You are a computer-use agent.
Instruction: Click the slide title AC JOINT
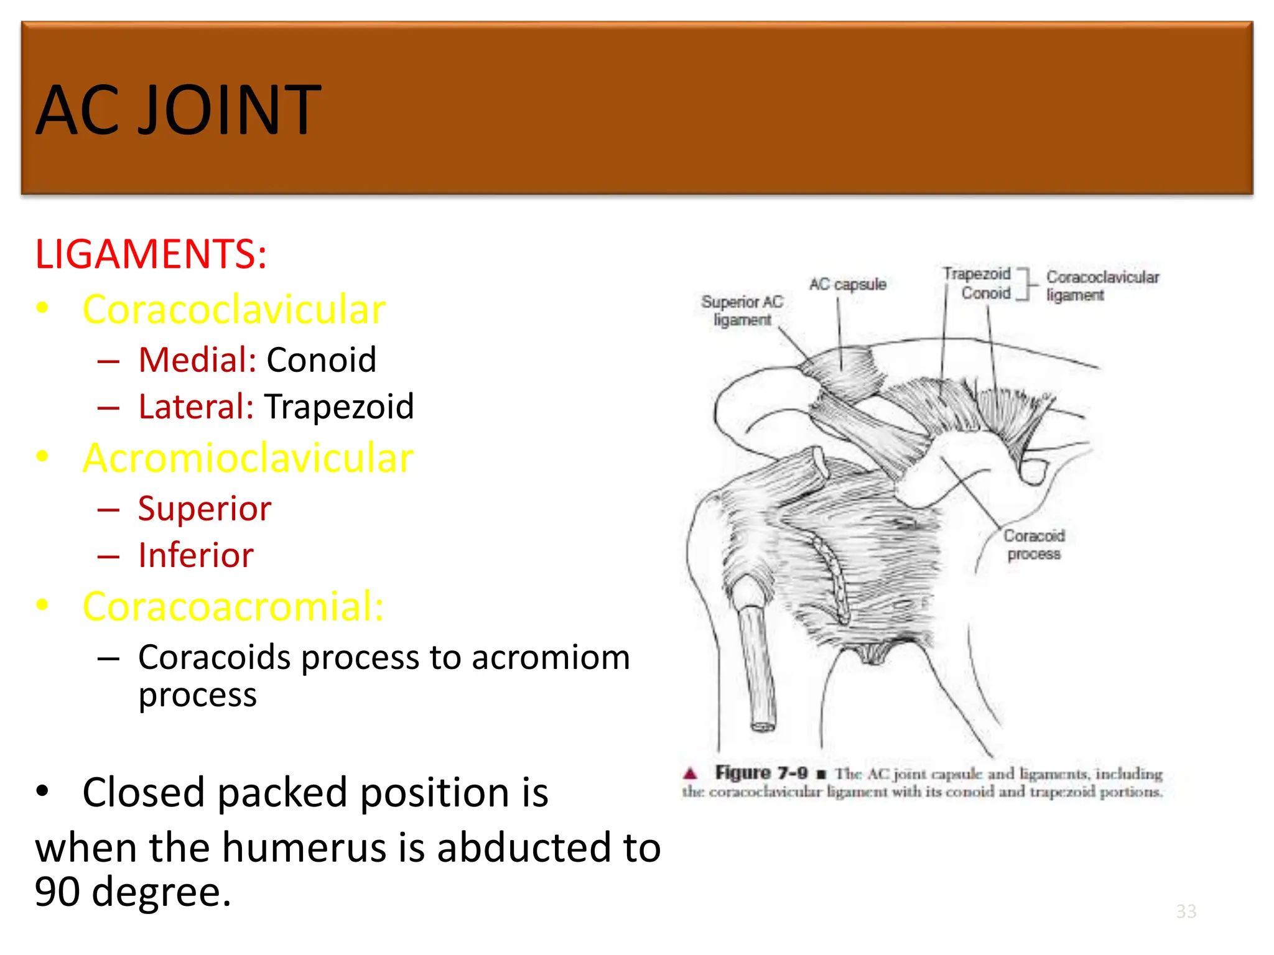[178, 111]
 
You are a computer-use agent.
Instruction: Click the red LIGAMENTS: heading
[151, 254]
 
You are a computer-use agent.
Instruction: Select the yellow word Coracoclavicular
[234, 310]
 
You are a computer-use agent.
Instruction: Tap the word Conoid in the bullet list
[321, 360]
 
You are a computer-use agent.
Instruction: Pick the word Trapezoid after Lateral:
[339, 407]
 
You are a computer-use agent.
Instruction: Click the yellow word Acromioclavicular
[248, 458]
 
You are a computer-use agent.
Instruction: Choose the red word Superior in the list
[205, 509]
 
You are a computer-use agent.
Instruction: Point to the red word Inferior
[196, 555]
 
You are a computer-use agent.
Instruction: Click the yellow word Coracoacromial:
[233, 607]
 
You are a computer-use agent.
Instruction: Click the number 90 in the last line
[57, 892]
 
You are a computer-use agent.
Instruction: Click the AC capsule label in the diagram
[847, 285]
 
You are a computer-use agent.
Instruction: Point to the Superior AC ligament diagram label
[742, 311]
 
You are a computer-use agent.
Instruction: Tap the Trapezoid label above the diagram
[976, 274]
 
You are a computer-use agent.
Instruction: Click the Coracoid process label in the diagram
[1034, 545]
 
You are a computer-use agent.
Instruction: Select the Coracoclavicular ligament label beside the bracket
[1102, 286]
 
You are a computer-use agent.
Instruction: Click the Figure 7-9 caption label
[761, 773]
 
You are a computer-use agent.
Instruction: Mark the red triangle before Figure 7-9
[690, 773]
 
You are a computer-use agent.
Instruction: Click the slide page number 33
[1186, 911]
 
